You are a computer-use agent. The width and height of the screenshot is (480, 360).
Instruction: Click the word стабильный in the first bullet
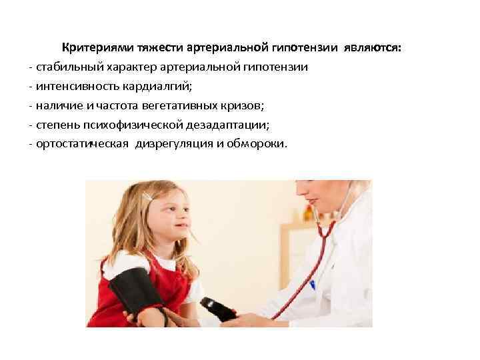[x=67, y=67]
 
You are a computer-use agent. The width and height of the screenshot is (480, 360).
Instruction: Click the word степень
[x=57, y=123]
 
